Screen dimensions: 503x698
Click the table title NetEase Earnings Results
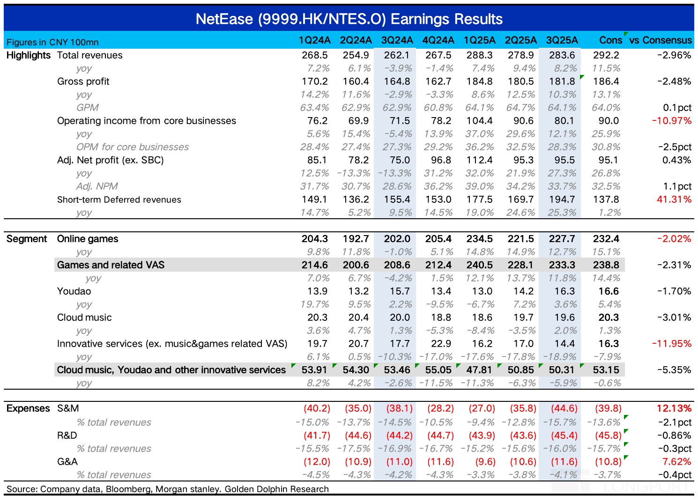349,19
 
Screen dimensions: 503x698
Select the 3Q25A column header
562,40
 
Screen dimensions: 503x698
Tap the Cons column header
610,40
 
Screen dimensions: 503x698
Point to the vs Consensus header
660,40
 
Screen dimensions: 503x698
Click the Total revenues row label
89,55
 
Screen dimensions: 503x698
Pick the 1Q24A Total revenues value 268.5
314,55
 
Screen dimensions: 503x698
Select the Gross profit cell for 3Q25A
562,81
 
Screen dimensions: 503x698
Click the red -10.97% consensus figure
671,121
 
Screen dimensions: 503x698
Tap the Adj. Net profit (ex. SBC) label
110,160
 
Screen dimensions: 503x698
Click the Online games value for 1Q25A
479,239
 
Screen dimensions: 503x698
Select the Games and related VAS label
111,265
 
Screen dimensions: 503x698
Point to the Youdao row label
74,291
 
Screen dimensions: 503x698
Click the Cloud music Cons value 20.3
608,318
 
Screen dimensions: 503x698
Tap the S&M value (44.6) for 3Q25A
562,408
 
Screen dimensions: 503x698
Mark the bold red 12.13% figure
674,408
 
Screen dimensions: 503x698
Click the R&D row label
67,436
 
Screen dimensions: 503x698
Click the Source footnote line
168,489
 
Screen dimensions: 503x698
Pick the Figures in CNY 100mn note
52,42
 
